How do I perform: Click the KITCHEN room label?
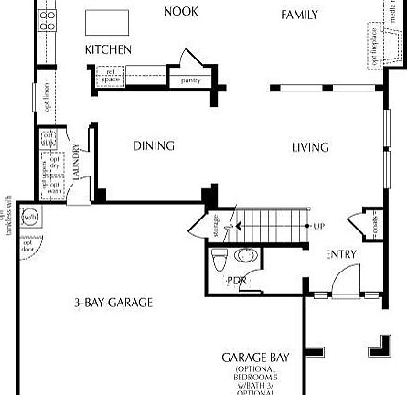click(x=108, y=49)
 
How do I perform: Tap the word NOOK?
click(x=180, y=12)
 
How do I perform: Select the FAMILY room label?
click(x=299, y=15)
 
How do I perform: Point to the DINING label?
click(x=154, y=146)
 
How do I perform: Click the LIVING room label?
click(x=310, y=147)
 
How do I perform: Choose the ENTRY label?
click(x=341, y=254)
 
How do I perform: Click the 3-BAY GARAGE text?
click(x=113, y=303)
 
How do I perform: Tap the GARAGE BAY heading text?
click(x=251, y=358)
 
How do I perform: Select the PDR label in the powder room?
click(x=236, y=281)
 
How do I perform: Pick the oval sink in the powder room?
click(x=244, y=255)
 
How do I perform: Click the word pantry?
click(x=190, y=80)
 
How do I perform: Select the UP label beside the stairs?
click(x=318, y=226)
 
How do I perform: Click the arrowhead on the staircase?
click(x=239, y=225)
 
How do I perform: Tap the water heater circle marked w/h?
click(x=30, y=218)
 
